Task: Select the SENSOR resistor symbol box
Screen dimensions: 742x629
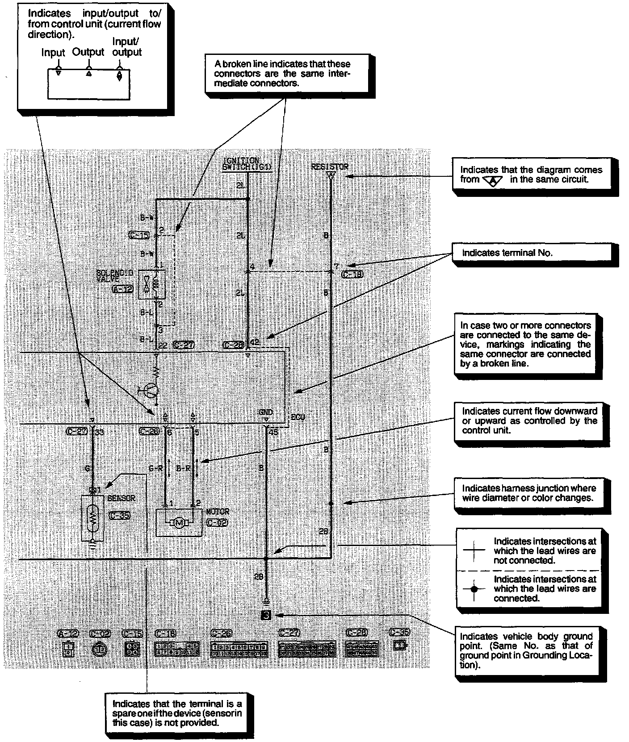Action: coord(93,518)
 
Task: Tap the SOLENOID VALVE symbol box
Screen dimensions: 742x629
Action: coord(151,284)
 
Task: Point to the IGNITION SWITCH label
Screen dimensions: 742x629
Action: coord(247,164)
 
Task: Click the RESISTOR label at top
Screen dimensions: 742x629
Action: coord(330,167)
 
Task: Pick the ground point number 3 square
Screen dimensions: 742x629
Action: coord(266,616)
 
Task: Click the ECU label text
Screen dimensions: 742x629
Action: coord(298,417)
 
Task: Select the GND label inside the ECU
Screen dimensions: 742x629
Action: coord(266,413)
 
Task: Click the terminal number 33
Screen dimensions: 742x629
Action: coord(99,432)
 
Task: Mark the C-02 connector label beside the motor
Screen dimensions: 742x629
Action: coord(218,523)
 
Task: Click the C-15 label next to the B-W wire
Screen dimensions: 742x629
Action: coord(139,235)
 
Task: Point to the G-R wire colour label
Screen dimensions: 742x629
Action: coord(155,468)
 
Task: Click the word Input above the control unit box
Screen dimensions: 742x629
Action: coord(53,53)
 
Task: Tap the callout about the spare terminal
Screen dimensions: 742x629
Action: coord(177,713)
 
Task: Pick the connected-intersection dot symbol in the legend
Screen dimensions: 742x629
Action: coord(474,589)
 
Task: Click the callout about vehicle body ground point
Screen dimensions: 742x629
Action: coord(526,650)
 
